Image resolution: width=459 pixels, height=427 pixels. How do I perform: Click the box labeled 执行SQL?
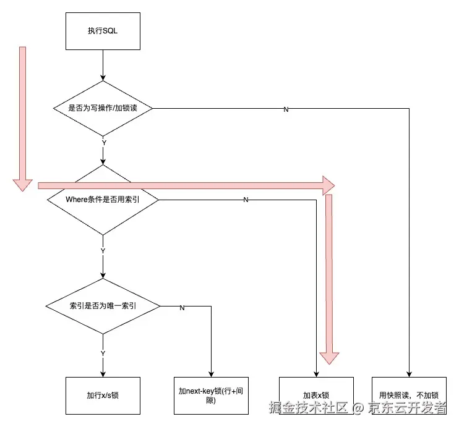point(103,32)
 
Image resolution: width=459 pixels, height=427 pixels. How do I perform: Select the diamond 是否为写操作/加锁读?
point(103,108)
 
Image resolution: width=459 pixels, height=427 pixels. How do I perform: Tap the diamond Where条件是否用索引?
point(103,200)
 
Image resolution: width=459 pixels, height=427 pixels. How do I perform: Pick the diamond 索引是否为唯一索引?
point(103,306)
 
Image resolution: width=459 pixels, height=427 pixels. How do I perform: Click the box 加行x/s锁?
point(103,395)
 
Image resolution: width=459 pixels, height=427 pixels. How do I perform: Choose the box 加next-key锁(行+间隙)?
point(212,395)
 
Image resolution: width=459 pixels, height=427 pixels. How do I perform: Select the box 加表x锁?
point(316,395)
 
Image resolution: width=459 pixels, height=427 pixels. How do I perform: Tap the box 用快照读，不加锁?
point(409,395)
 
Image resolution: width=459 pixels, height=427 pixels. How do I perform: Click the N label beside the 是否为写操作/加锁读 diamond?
point(286,109)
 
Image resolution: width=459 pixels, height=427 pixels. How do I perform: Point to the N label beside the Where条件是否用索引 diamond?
point(246,200)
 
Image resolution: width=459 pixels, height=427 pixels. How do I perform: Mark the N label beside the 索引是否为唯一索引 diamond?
point(182,307)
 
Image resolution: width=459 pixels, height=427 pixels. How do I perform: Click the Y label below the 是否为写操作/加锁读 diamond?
point(103,143)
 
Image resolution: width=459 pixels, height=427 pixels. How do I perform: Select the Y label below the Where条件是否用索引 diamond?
point(103,250)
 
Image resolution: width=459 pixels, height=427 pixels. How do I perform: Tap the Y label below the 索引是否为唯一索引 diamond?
point(103,353)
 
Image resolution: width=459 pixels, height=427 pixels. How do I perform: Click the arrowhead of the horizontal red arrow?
point(328,185)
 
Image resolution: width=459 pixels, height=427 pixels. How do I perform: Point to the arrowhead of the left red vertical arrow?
point(23,184)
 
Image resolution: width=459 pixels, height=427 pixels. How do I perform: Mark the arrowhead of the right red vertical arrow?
point(329,357)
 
